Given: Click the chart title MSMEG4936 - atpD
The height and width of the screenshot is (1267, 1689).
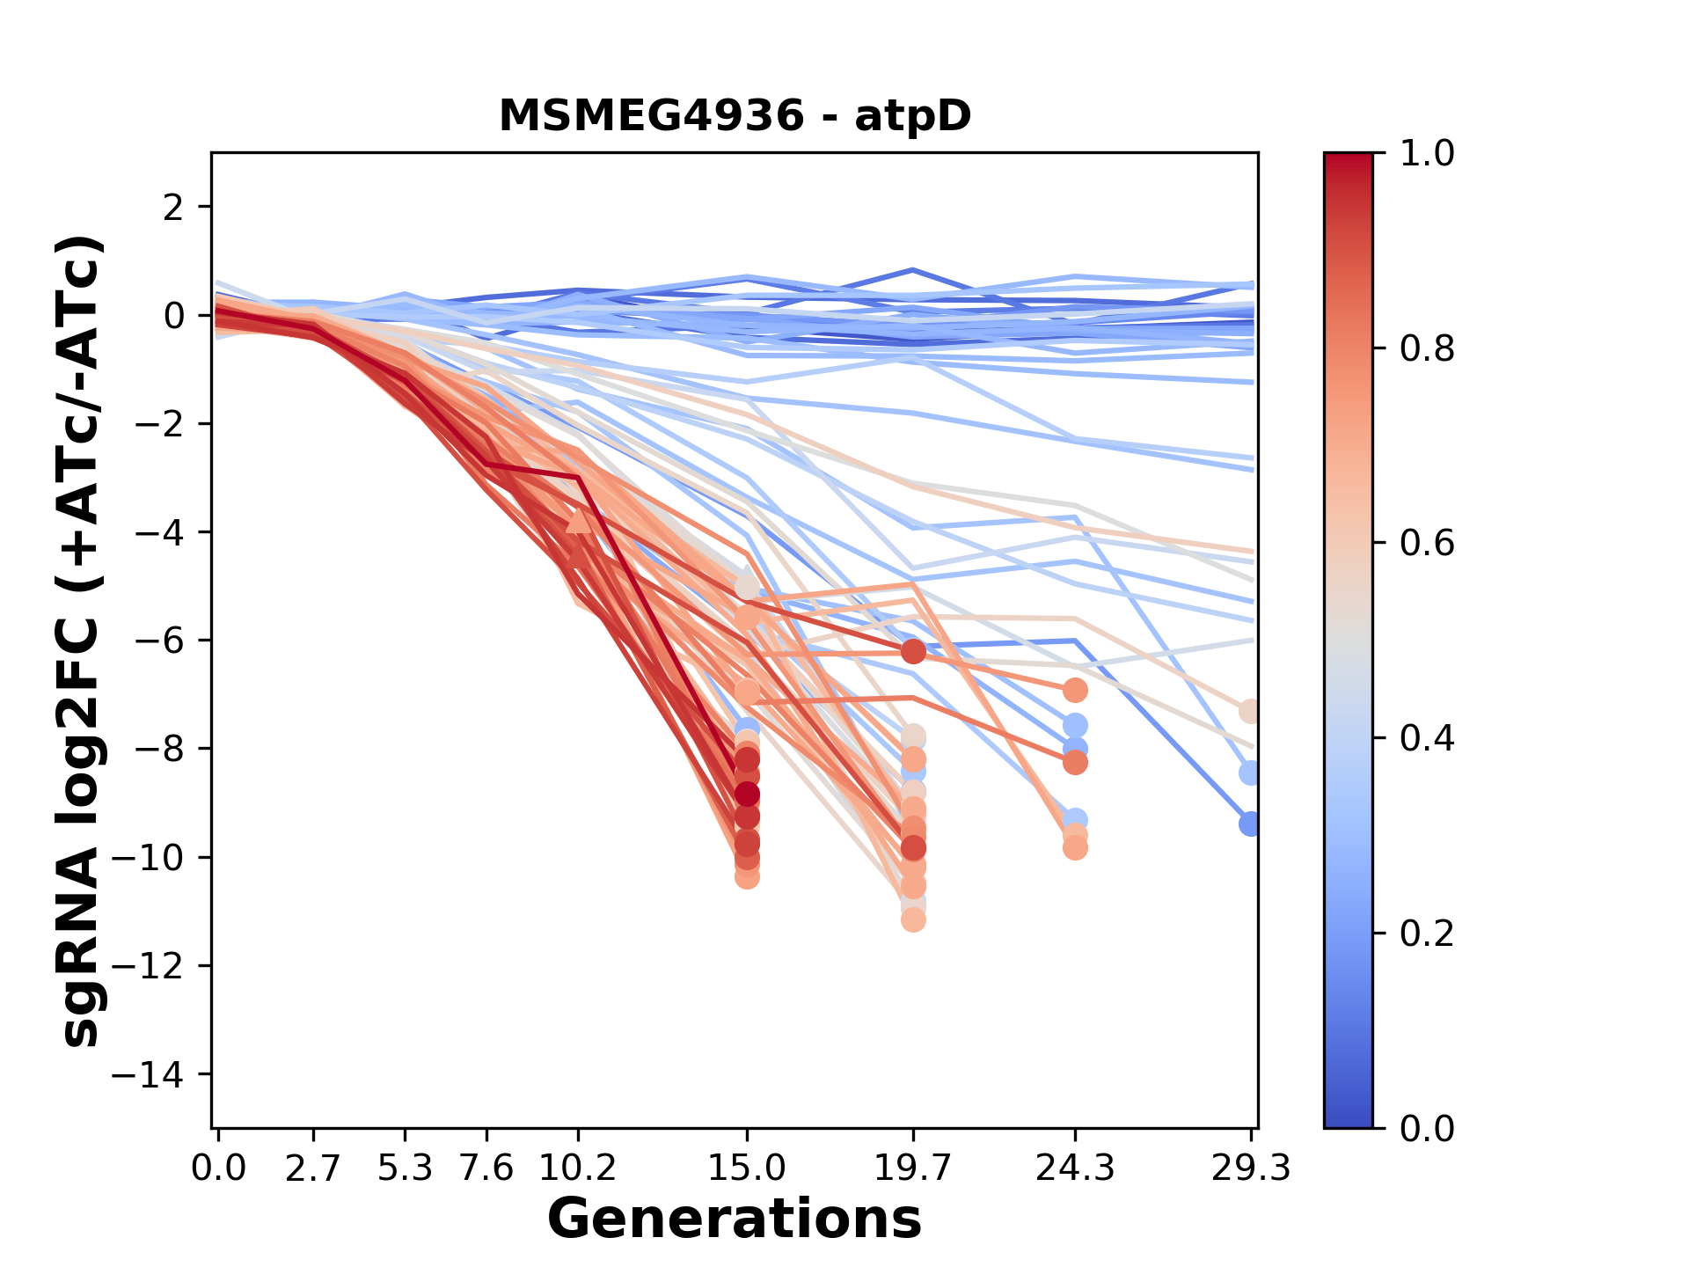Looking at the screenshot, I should tap(735, 115).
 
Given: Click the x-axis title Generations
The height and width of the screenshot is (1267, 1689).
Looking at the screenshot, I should tap(735, 1219).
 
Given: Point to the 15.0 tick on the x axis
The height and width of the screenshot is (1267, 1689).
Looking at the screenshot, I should tap(747, 1168).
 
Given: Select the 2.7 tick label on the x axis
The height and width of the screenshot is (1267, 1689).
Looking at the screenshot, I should tap(313, 1168).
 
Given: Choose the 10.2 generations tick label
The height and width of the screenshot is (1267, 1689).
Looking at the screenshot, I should tap(578, 1168).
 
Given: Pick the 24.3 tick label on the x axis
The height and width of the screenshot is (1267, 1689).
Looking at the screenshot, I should tap(1074, 1168).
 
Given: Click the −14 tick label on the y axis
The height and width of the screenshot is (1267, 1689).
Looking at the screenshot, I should tap(160, 1074).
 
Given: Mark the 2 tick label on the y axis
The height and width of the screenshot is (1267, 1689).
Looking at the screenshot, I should tap(174, 207).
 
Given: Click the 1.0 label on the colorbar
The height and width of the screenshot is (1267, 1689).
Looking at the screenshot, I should tap(1427, 154).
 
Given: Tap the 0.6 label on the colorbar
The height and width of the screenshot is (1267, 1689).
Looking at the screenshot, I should tap(1427, 544).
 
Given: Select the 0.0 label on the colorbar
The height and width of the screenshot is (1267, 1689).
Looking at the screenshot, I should tap(1427, 1128).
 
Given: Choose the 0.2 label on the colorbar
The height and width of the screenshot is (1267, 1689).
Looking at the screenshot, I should tap(1427, 934).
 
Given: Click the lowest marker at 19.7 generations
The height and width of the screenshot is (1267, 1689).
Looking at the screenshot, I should tap(913, 919).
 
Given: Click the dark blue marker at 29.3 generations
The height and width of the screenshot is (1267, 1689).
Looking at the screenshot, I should tap(1249, 824).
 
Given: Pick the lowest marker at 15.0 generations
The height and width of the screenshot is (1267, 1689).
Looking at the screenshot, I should tap(747, 876).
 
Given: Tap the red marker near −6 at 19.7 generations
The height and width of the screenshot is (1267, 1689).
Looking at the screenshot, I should tap(913, 651).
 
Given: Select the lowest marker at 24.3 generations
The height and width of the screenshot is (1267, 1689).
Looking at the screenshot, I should tap(1074, 848).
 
